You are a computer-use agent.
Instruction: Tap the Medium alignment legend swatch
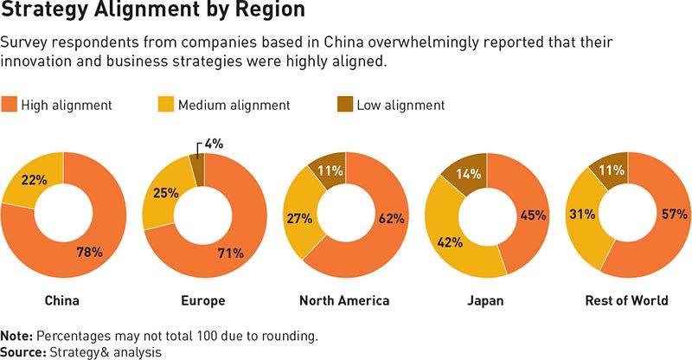point(165,105)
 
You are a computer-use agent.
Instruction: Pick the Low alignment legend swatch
point(344,105)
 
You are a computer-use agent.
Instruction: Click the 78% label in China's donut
point(89,253)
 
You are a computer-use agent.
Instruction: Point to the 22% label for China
point(35,179)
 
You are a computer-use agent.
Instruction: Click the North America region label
point(344,301)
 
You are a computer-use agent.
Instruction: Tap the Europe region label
point(204,301)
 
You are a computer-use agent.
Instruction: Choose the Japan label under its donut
point(485,301)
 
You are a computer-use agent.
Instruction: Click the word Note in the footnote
point(14,335)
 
